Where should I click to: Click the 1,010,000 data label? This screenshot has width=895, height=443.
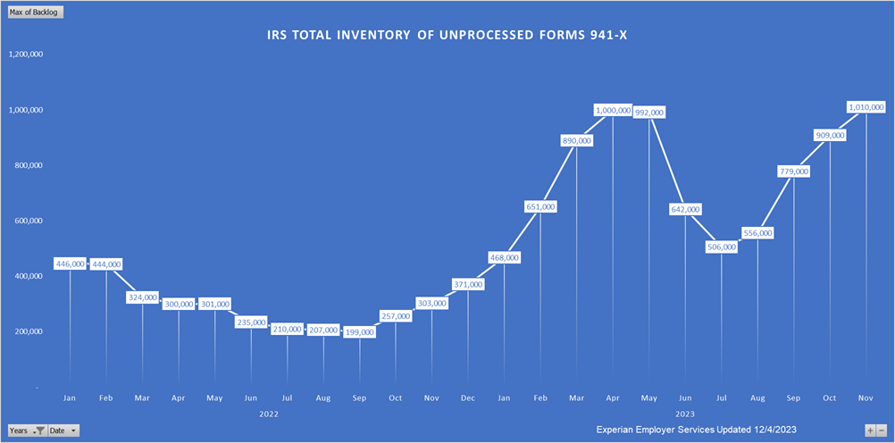[x=866, y=106]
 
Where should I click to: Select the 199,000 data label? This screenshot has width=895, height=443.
[x=359, y=332]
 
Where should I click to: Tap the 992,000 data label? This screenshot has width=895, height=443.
[x=648, y=113]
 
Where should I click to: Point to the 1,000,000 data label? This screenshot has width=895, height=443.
[x=613, y=110]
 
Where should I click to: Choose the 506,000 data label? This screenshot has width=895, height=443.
[x=721, y=247]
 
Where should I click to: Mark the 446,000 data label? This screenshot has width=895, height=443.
[x=70, y=263]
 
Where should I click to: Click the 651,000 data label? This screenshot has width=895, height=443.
[x=540, y=206]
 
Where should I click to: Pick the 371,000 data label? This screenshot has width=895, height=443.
[x=467, y=284]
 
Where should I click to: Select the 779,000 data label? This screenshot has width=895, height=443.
[x=793, y=171]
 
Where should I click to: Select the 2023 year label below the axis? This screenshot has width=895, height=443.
[x=684, y=414]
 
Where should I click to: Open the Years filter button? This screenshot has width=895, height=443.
[x=26, y=430]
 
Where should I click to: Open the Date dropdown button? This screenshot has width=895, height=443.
[x=63, y=430]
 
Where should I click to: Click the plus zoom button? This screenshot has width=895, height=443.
[x=870, y=430]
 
